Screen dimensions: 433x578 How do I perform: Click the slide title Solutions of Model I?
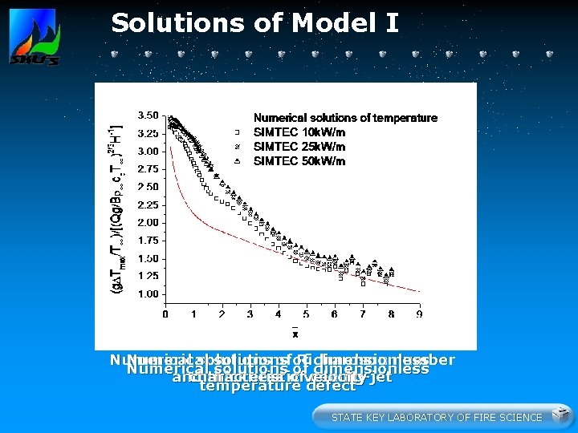click(254, 22)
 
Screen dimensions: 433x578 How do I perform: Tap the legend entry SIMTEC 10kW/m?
click(299, 132)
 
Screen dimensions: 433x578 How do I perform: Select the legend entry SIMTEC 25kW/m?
click(299, 147)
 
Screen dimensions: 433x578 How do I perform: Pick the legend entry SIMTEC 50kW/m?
click(299, 161)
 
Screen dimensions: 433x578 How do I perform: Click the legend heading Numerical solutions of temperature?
click(345, 118)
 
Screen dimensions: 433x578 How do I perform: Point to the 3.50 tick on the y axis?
click(147, 115)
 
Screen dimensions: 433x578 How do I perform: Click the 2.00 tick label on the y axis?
click(147, 222)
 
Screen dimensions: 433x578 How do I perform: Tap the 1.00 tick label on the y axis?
click(147, 294)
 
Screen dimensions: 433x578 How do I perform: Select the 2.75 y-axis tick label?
click(147, 169)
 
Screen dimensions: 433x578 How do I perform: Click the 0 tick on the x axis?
click(165, 314)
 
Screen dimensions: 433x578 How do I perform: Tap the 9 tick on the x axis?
click(419, 314)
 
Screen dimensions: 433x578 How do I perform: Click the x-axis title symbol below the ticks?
click(295, 333)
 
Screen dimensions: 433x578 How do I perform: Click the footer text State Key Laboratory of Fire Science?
click(437, 417)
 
